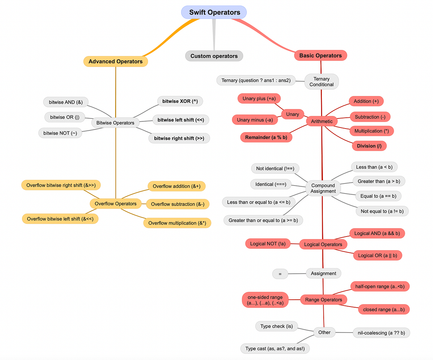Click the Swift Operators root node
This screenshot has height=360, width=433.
click(x=214, y=12)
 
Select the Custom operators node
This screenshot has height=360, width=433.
click(x=214, y=56)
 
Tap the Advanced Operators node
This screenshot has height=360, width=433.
click(x=115, y=61)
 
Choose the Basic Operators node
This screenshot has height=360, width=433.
click(x=320, y=55)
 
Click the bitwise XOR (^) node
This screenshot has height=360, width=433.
click(x=180, y=101)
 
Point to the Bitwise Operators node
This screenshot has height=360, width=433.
click(x=115, y=123)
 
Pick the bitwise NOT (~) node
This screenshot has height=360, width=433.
click(x=60, y=133)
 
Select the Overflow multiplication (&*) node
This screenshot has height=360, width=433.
click(x=177, y=223)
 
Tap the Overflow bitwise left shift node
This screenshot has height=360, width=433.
click(x=60, y=219)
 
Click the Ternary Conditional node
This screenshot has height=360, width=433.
click(x=322, y=82)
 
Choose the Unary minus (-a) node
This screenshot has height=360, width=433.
click(x=255, y=120)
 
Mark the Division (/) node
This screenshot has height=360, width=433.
click(x=369, y=146)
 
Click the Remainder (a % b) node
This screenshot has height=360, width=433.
click(x=266, y=137)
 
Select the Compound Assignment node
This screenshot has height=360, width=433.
click(x=323, y=188)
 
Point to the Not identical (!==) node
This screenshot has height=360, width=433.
click(x=275, y=169)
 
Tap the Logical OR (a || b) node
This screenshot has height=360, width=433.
click(x=377, y=255)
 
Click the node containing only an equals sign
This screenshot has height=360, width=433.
click(x=280, y=274)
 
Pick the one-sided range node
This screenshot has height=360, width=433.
click(x=265, y=300)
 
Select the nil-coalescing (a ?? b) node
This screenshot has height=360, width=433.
click(x=381, y=333)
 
